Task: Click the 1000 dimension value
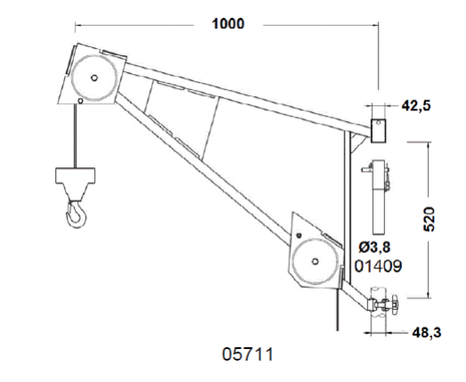pyautogui.click(x=228, y=24)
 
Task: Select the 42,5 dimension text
pyautogui.click(x=416, y=106)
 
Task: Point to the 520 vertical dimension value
pyautogui.click(x=429, y=219)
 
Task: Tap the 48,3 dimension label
pyautogui.click(x=427, y=333)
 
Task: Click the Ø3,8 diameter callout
pyautogui.click(x=374, y=247)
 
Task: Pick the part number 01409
pyautogui.click(x=378, y=266)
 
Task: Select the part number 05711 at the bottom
pyautogui.click(x=247, y=354)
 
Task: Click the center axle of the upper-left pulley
pyautogui.click(x=94, y=78)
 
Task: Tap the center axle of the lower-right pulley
pyautogui.click(x=316, y=262)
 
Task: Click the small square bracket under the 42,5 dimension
pyautogui.click(x=378, y=130)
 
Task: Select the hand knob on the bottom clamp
pyautogui.click(x=393, y=305)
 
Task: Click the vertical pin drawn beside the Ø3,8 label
pyautogui.click(x=379, y=198)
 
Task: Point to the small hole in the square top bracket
pyautogui.click(x=379, y=122)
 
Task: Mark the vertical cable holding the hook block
pyautogui.click(x=76, y=136)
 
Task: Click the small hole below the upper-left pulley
pyautogui.click(x=80, y=101)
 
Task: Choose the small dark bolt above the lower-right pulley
pyautogui.click(x=299, y=236)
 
